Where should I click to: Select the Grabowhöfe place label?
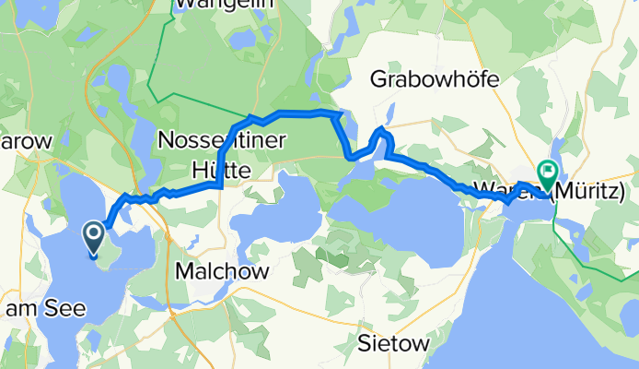click(435, 80)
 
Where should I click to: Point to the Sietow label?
click(393, 345)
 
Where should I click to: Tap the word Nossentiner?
click(223, 140)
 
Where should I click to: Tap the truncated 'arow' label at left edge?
click(28, 141)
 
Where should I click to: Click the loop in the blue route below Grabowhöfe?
click(382, 140)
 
